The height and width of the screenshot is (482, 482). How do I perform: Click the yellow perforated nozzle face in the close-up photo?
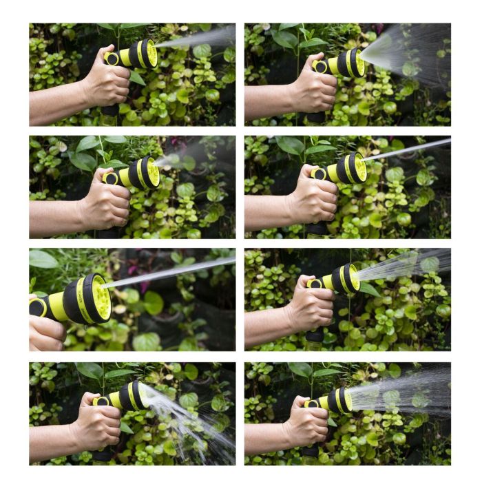(x=101, y=297)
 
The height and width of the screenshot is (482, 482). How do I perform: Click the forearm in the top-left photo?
(x=55, y=102)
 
